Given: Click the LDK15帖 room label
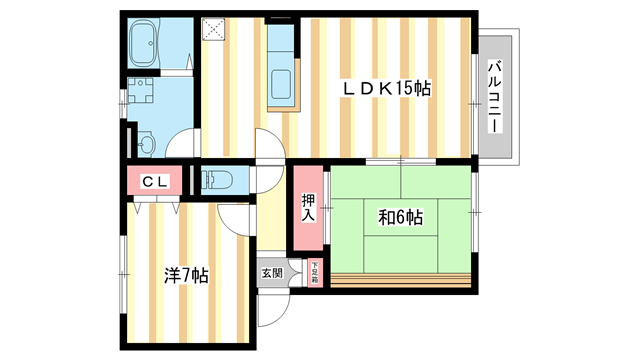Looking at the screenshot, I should (387, 88).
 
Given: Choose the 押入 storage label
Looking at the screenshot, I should (308, 207).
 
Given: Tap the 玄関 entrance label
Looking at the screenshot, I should (271, 272).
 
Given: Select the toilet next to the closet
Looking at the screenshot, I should (217, 180).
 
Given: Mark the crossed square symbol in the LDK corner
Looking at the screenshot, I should (214, 29).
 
